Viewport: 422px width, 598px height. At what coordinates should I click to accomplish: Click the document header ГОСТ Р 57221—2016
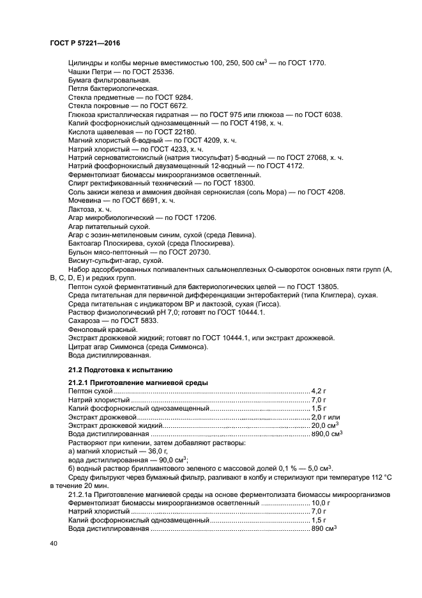coord(85,42)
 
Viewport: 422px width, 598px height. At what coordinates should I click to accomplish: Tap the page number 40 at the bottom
coord(54,543)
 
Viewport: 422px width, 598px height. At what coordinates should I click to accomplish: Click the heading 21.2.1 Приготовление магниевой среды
coord(137,382)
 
